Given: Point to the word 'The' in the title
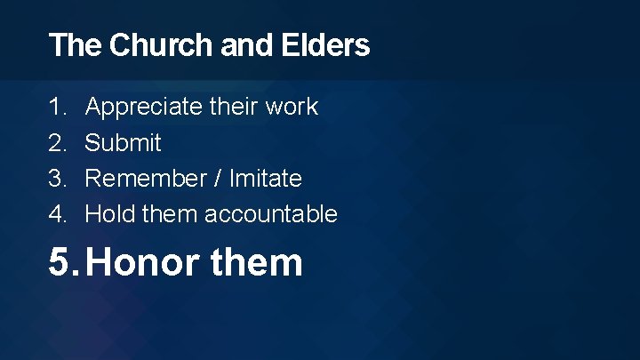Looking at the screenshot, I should click(76, 45).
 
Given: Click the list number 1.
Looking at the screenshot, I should click(56, 107).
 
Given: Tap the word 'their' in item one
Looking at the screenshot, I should click(234, 107).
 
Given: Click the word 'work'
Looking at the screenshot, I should click(292, 107).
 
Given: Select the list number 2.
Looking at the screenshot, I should click(56, 142).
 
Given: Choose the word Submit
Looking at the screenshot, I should click(123, 142).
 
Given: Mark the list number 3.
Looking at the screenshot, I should click(56, 178).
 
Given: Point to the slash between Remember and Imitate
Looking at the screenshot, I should click(219, 178).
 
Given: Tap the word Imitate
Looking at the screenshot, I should click(266, 178).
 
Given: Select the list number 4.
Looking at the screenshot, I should click(56, 213).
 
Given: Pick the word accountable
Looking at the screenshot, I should click(271, 213).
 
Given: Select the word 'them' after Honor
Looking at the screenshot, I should click(258, 262).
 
